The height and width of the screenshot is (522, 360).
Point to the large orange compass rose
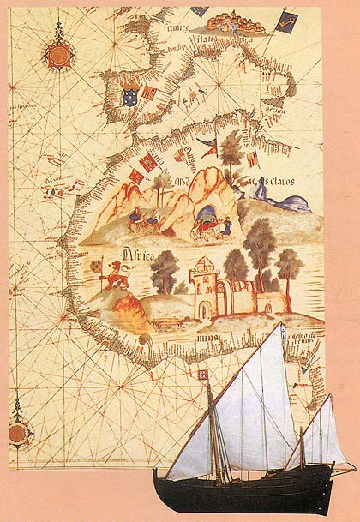pos(58,56)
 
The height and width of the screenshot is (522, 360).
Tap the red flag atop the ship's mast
pos(205,376)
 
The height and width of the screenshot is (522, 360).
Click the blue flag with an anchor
pos(285,21)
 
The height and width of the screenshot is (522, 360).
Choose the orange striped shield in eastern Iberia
pos(150,93)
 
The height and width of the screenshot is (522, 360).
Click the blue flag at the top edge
pos(199,11)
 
